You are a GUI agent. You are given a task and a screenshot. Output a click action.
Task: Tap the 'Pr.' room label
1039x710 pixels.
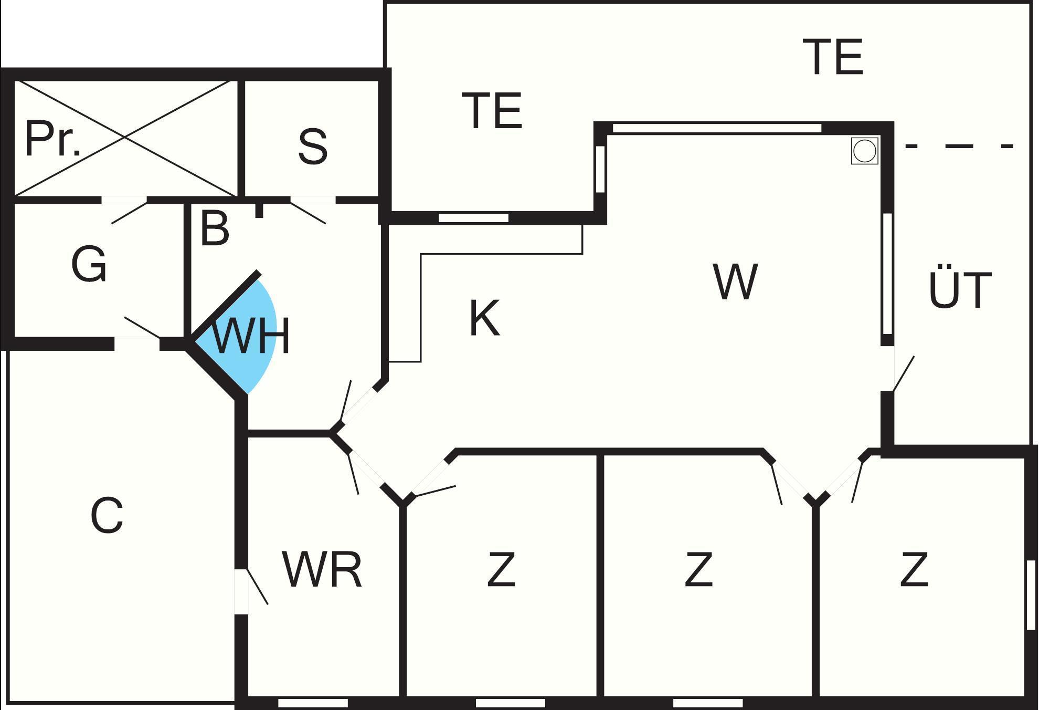[52, 140]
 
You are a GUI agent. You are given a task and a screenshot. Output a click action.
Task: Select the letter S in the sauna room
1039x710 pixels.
[313, 146]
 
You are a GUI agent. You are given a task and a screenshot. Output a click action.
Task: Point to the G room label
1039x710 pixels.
[89, 264]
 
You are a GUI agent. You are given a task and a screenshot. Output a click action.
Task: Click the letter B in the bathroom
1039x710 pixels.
[215, 229]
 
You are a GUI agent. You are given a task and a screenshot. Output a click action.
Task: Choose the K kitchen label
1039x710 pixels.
[484, 318]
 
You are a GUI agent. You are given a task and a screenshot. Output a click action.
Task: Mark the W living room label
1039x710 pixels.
[735, 282]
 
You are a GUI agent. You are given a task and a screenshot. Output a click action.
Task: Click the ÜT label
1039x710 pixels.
[960, 290]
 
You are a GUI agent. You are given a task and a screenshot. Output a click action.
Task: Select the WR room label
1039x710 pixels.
[322, 570]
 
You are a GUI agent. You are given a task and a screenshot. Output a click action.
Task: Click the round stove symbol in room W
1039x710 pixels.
[864, 151]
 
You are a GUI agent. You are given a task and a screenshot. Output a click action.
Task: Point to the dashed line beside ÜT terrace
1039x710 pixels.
[959, 146]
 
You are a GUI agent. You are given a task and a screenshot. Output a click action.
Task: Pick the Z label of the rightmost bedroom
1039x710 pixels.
[914, 570]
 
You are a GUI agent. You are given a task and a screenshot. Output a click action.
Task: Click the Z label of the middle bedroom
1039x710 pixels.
[698, 570]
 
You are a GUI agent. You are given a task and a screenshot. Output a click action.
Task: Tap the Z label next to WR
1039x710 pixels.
[501, 570]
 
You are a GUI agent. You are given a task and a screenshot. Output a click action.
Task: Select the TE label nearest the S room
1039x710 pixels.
[492, 111]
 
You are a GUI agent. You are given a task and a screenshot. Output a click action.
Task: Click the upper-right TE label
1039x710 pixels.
[833, 57]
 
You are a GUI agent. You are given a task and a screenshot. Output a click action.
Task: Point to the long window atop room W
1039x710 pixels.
[717, 128]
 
